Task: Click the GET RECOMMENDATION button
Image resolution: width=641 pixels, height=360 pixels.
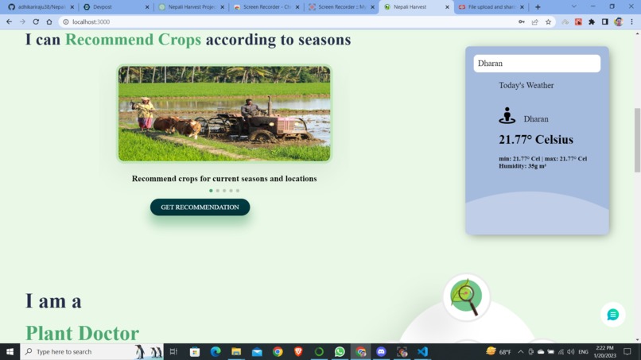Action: click(x=200, y=207)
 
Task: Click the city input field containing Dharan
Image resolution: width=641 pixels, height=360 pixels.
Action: click(x=537, y=64)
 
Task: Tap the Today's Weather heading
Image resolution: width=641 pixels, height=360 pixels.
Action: click(x=526, y=85)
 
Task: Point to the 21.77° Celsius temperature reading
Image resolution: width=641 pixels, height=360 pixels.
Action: click(x=535, y=140)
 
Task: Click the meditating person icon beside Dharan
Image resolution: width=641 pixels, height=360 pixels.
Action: click(x=507, y=116)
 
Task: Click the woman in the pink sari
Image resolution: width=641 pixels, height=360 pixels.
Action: click(x=145, y=114)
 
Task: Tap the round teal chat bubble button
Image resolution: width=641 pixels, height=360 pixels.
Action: click(x=612, y=315)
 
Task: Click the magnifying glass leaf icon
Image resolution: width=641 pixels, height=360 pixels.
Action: click(x=466, y=297)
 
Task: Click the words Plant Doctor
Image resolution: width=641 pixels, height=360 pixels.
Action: click(x=82, y=333)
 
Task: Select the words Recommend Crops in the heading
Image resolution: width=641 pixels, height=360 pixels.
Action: click(x=133, y=39)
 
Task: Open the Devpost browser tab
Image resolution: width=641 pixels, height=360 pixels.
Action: click(x=115, y=7)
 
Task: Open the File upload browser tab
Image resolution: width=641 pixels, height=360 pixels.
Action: click(x=490, y=7)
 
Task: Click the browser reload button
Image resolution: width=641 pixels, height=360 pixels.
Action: click(x=36, y=22)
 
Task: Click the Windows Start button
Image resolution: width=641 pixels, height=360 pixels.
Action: click(x=10, y=351)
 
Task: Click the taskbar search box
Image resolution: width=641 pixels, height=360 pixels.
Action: click(x=80, y=351)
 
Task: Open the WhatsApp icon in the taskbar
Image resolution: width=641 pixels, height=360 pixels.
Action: click(x=340, y=351)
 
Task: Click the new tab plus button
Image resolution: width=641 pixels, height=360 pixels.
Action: click(x=538, y=7)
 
